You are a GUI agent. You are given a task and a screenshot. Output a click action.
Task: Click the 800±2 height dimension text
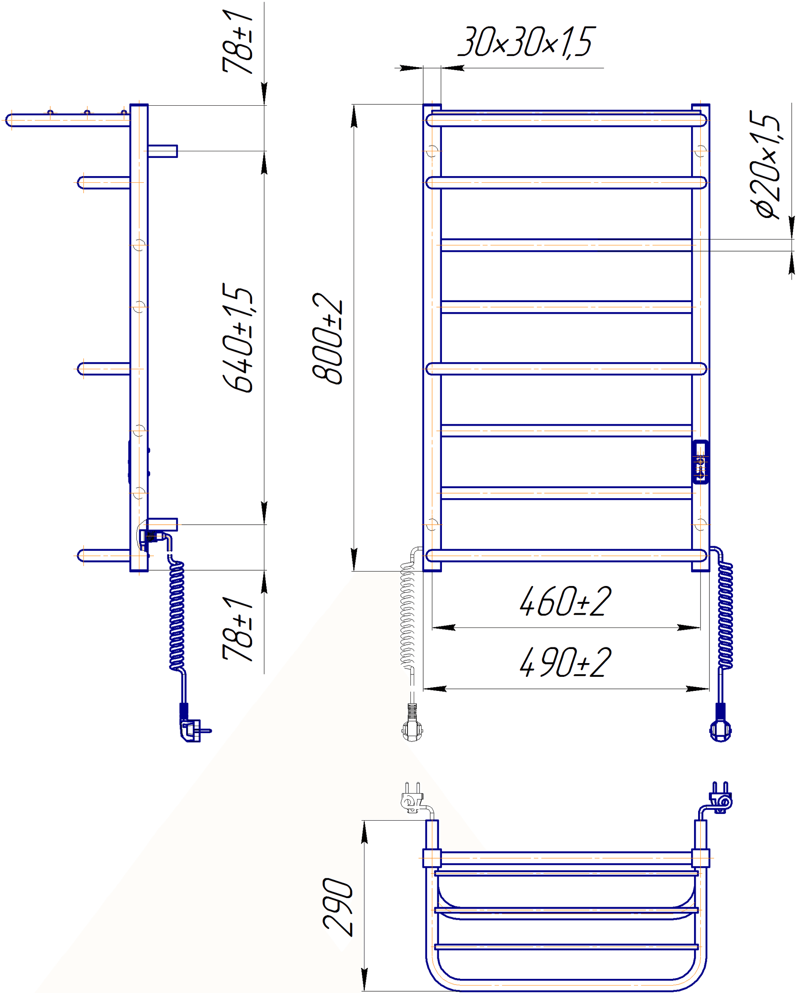328,338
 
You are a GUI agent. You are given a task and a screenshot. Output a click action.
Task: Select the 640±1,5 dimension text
238,338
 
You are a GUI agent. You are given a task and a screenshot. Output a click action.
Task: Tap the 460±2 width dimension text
565,601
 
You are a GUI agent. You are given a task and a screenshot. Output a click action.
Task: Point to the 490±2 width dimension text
565,662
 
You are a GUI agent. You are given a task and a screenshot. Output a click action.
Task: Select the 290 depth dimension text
337,907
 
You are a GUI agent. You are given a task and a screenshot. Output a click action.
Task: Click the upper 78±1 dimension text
238,42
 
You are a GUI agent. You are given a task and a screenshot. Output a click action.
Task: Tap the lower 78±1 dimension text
238,629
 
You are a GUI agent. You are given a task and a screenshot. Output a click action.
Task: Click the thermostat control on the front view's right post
701,462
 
